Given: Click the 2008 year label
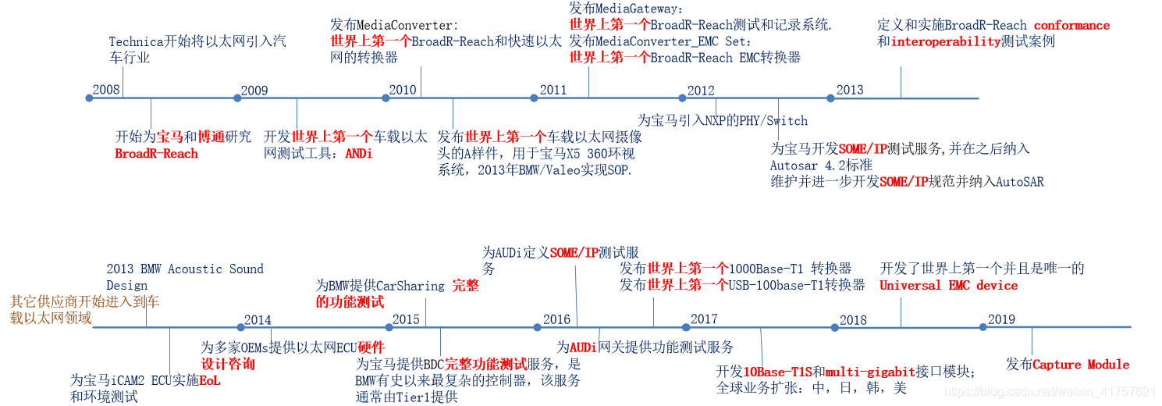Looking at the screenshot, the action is tap(106, 89).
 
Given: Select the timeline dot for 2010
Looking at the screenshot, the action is tap(386, 98).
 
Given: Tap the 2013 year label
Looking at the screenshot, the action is tap(850, 89).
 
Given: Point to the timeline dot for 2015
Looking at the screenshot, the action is tap(389, 327).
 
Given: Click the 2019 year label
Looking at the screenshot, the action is tap(1001, 319).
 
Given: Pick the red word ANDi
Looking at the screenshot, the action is tap(359, 154).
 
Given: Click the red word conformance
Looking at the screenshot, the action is tap(1071, 26).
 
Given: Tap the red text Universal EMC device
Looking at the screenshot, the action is tap(948, 286).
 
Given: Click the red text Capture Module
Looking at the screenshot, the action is tap(1081, 365).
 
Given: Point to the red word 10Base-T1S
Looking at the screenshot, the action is tap(777, 371).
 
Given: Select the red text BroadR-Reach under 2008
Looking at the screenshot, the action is tap(156, 154).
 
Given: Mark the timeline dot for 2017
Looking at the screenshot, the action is tap(685, 327).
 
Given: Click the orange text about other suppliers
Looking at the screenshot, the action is tap(84, 309).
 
